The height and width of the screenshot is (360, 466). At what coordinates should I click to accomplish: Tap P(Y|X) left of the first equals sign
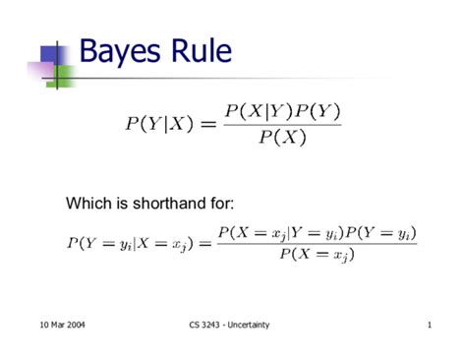tap(156, 123)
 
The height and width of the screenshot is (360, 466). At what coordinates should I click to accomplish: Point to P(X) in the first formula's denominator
tap(282, 137)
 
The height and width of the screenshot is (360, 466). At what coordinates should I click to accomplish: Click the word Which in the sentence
tap(87, 204)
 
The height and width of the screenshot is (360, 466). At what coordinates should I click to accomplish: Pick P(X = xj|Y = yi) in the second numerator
tap(276, 232)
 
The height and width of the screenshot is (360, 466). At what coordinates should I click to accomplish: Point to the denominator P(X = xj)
tap(316, 255)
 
